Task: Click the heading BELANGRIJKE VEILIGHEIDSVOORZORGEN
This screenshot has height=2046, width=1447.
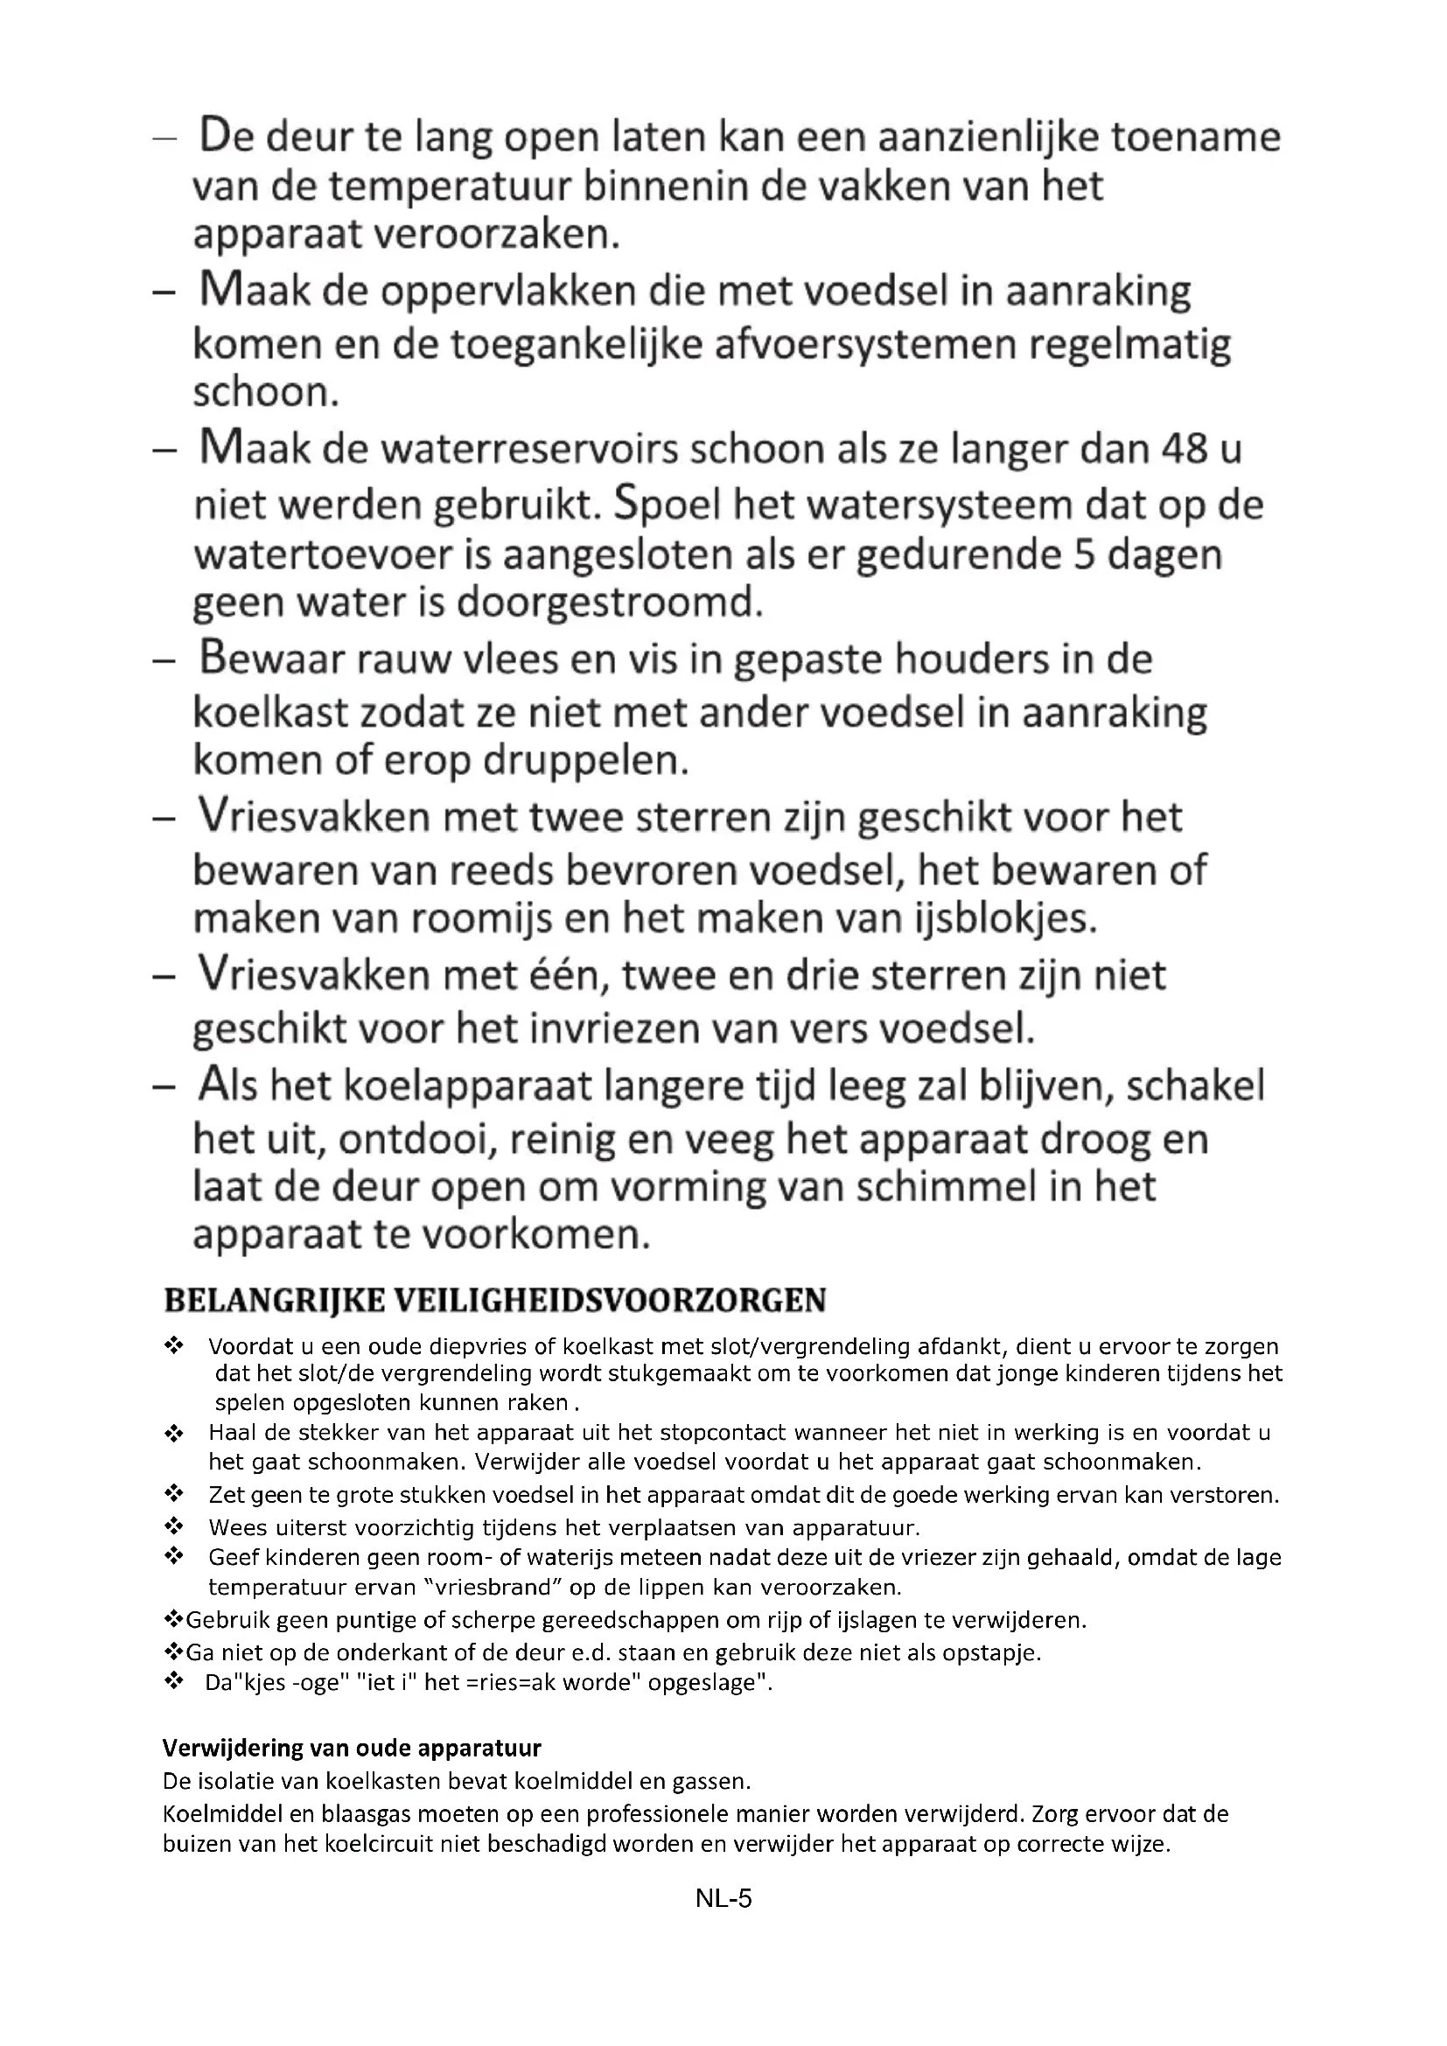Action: pyautogui.click(x=495, y=1300)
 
